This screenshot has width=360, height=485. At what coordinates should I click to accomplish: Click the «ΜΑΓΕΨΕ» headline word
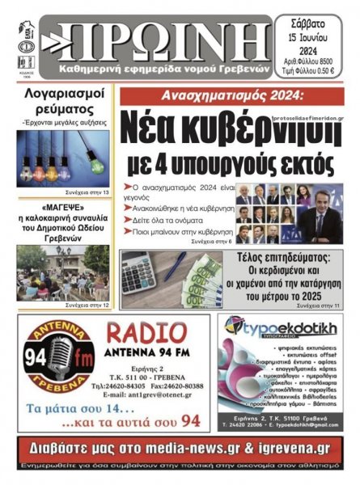63,205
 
